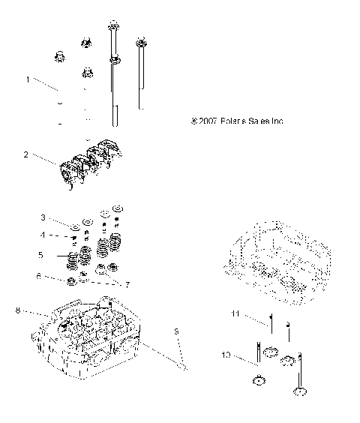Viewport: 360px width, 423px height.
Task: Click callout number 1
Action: (x=28, y=79)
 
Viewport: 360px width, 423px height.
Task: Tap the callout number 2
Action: (x=26, y=155)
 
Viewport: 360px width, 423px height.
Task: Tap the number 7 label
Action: (x=127, y=286)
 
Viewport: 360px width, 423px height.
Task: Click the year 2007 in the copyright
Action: (x=210, y=121)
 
